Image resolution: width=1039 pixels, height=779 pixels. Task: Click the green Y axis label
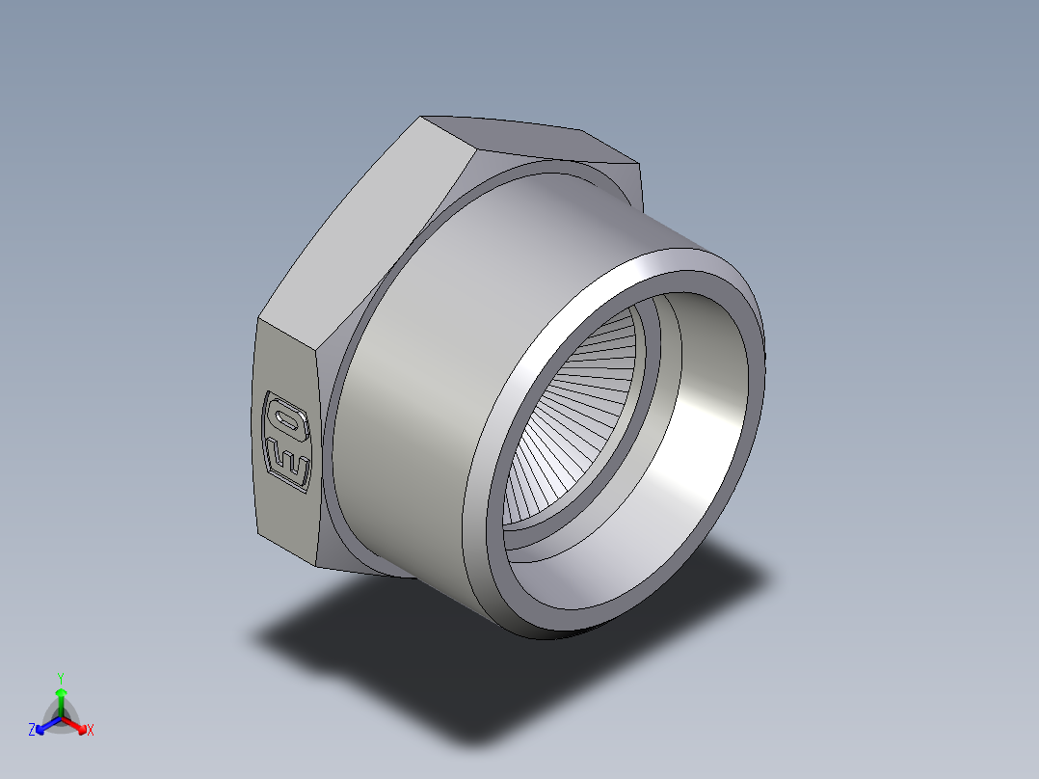pos(60,677)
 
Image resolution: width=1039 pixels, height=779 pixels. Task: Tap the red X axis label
pos(91,731)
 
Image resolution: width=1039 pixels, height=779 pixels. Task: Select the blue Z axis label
pos(32,731)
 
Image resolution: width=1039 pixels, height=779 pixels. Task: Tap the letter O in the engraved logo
pos(287,417)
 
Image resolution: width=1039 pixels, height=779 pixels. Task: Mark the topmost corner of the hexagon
pos(422,118)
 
